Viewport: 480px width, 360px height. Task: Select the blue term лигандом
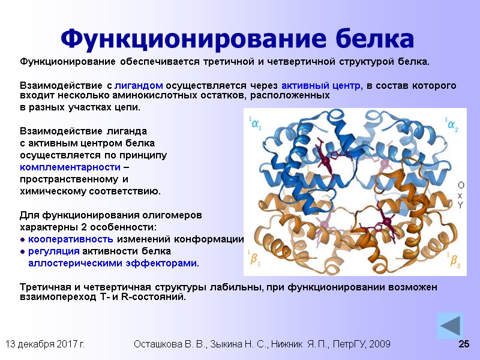139,85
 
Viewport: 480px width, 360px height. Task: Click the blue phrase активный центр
322,85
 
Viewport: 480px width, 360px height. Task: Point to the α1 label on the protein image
256,125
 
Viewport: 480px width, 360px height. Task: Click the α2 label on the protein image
451,125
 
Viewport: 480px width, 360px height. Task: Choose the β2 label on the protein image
454,260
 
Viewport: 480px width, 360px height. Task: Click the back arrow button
449,325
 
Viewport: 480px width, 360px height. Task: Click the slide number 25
463,344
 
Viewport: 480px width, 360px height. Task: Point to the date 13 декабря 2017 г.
45,344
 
